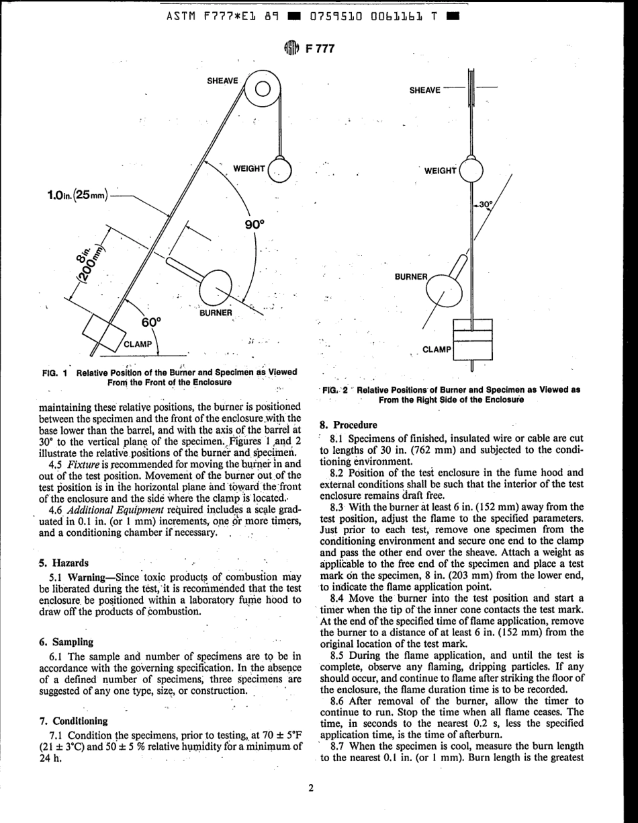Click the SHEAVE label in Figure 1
pyautogui.click(x=222, y=81)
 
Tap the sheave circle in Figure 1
pyautogui.click(x=263, y=89)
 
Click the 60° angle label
pyautogui.click(x=152, y=322)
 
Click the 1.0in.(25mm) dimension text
pyautogui.click(x=74, y=195)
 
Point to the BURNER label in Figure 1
pyautogui.click(x=215, y=313)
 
